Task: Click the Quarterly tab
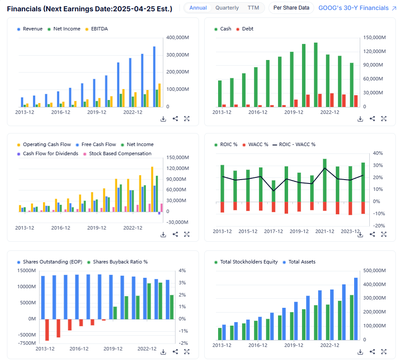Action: pyautogui.click(x=227, y=8)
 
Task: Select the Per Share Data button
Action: pyautogui.click(x=291, y=8)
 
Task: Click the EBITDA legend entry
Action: pyautogui.click(x=99, y=29)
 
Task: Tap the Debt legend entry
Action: pyautogui.click(x=247, y=29)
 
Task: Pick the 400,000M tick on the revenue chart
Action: pyautogui.click(x=177, y=38)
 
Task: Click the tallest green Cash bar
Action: pyautogui.click(x=315, y=74)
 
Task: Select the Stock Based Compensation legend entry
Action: pyautogui.click(x=120, y=153)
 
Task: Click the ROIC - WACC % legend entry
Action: pyautogui.click(x=297, y=144)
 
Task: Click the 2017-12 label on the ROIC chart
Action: pyautogui.click(x=273, y=231)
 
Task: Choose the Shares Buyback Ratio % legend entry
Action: pyautogui.click(x=120, y=262)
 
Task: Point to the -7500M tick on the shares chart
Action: pyautogui.click(x=27, y=343)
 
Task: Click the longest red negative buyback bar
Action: pyautogui.click(x=47, y=330)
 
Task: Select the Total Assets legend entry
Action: pyautogui.click(x=302, y=262)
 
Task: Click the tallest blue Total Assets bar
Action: pyautogui.click(x=356, y=309)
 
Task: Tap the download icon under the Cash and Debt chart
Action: pyautogui.click(x=360, y=119)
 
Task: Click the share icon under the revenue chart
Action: pyautogui.click(x=175, y=119)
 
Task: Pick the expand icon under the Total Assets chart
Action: pyautogui.click(x=384, y=352)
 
